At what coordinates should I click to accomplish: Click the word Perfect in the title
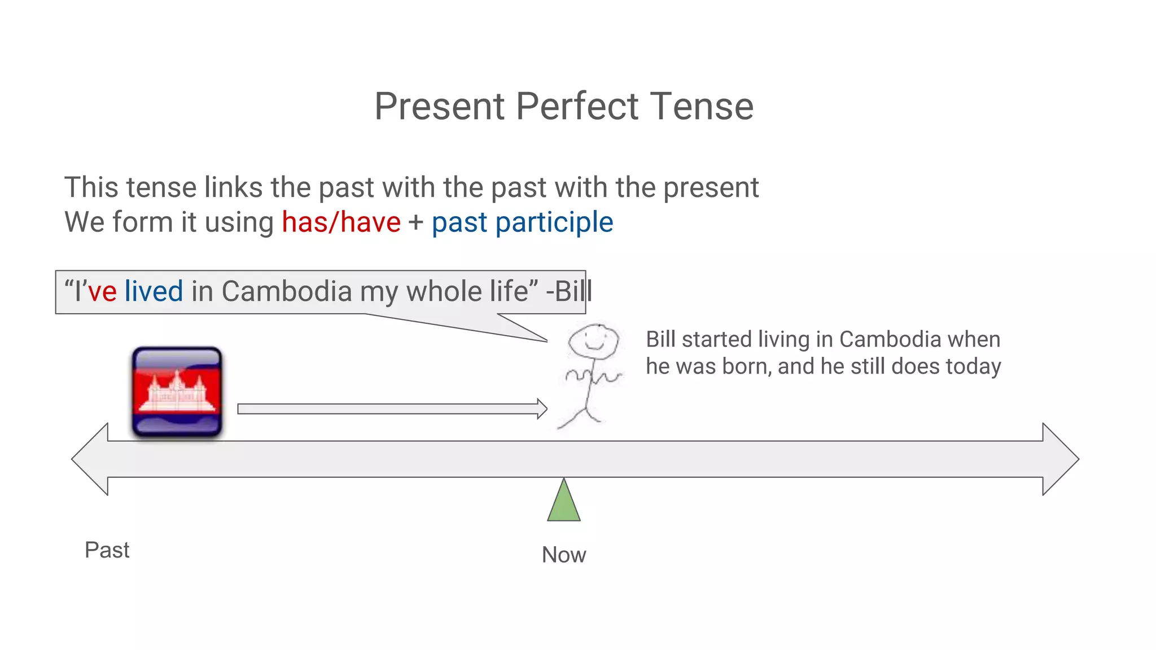pyautogui.click(x=577, y=106)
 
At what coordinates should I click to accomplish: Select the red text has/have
pyautogui.click(x=341, y=222)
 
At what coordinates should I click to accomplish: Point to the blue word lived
pyautogui.click(x=154, y=291)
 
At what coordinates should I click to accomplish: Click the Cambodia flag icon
pyautogui.click(x=177, y=392)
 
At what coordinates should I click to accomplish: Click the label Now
pyautogui.click(x=563, y=555)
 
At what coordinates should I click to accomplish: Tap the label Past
pyautogui.click(x=107, y=550)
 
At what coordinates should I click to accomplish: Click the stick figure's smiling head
pyautogui.click(x=593, y=341)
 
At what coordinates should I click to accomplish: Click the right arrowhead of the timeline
pyautogui.click(x=1059, y=459)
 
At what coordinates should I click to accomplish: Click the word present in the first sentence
pyautogui.click(x=711, y=187)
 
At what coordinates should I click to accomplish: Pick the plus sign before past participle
pyautogui.click(x=416, y=222)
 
